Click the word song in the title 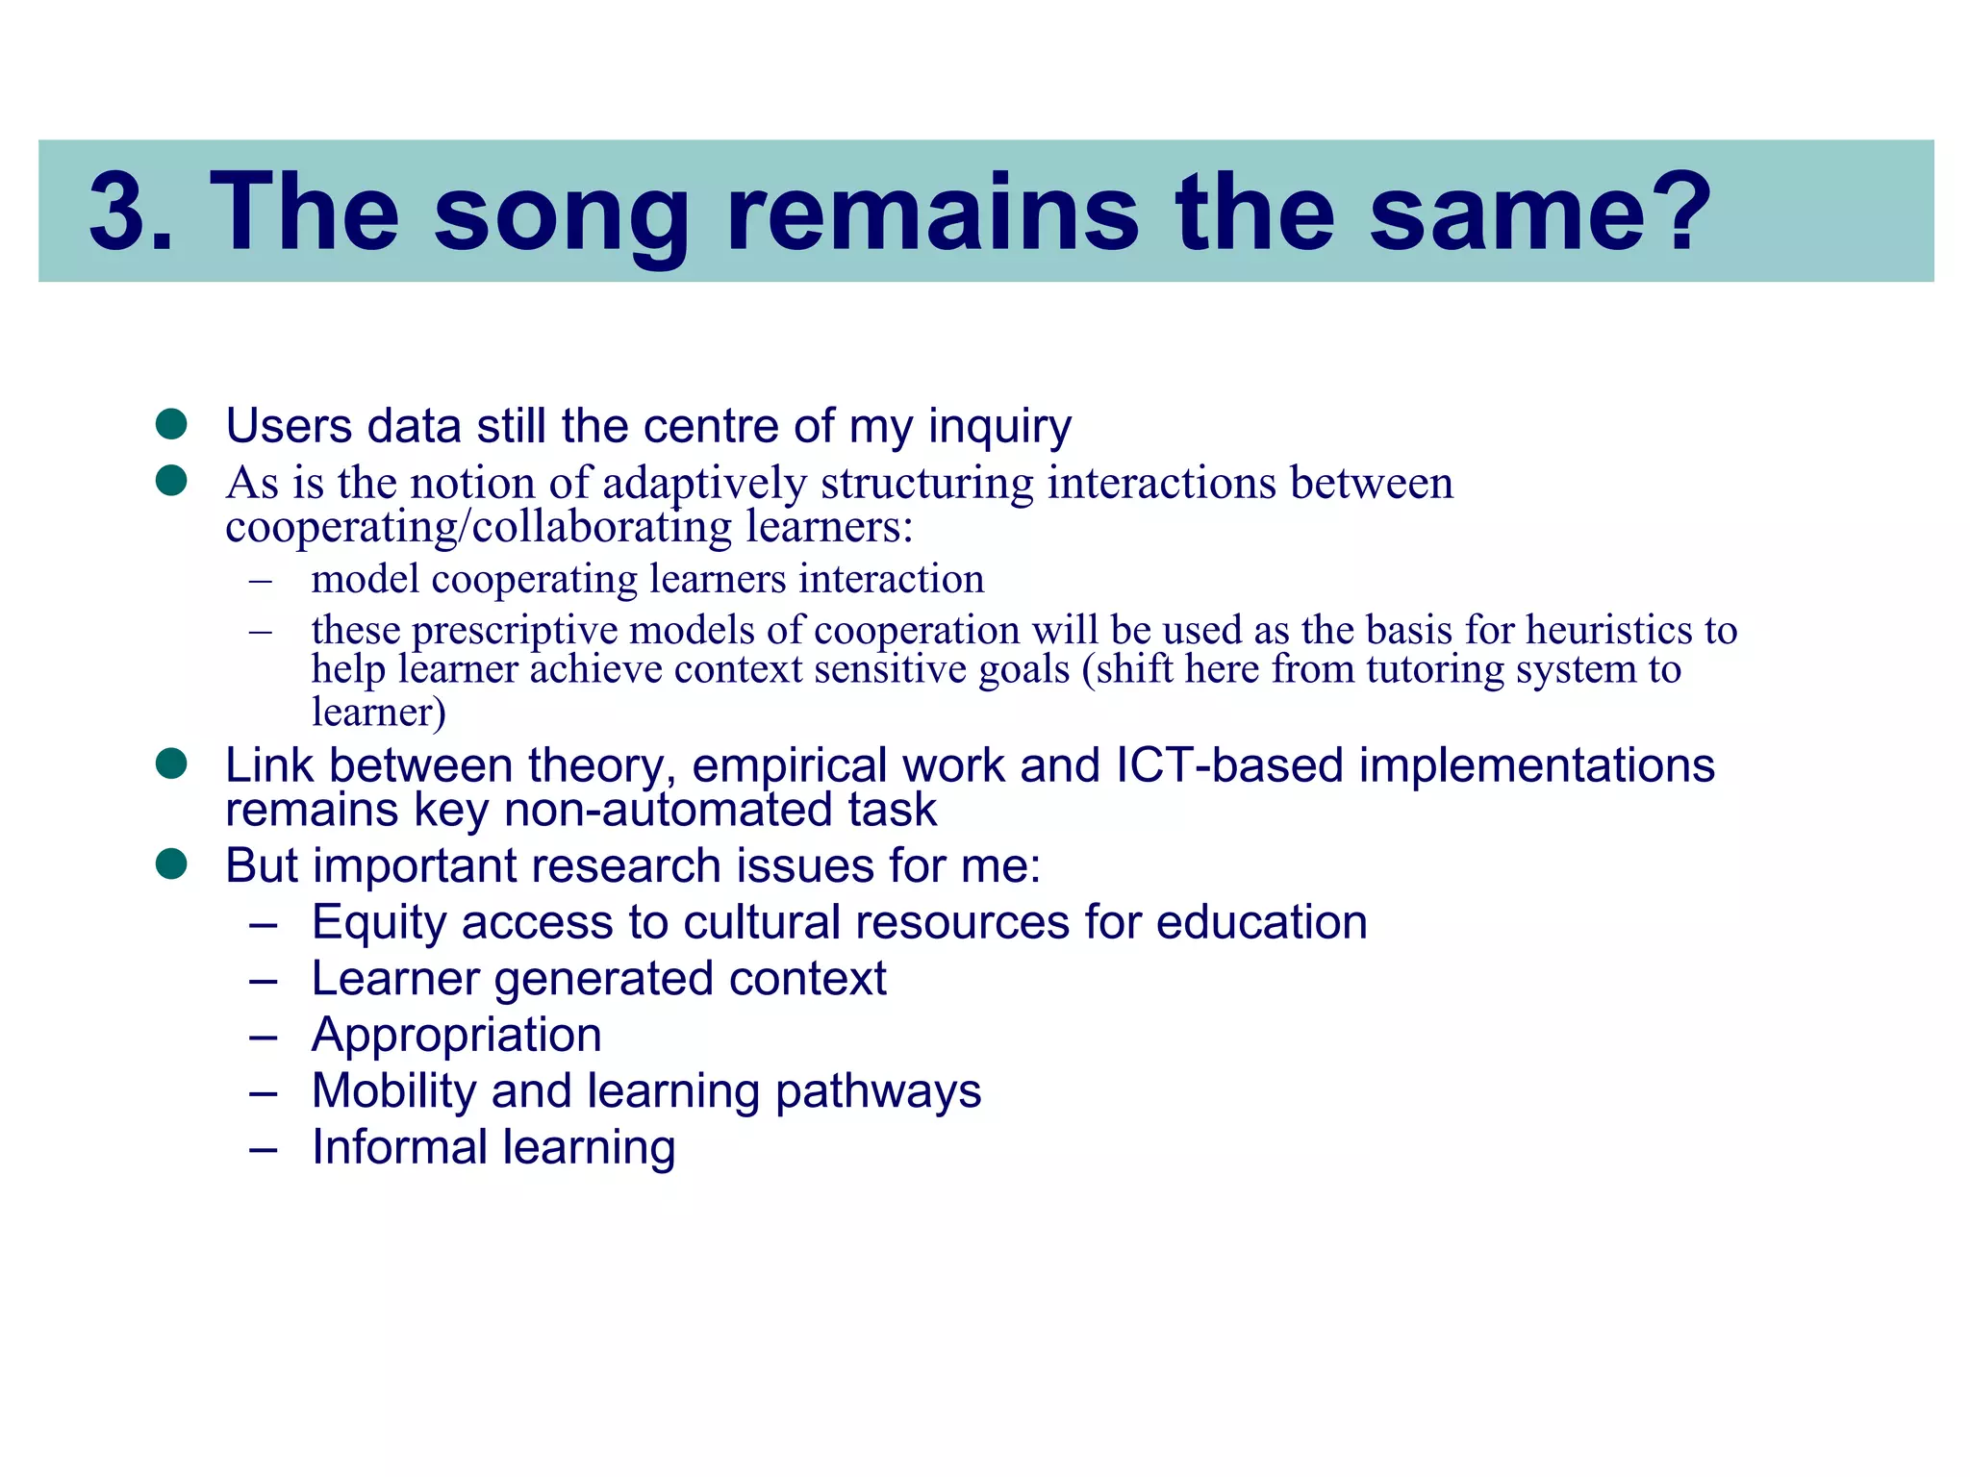(x=561, y=213)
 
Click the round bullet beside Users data (x=171, y=423)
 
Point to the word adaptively (x=704, y=484)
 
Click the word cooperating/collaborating (x=478, y=527)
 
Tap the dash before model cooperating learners (x=260, y=581)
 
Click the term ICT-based (x=1228, y=766)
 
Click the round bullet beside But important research (x=171, y=864)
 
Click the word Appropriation (x=456, y=1036)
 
